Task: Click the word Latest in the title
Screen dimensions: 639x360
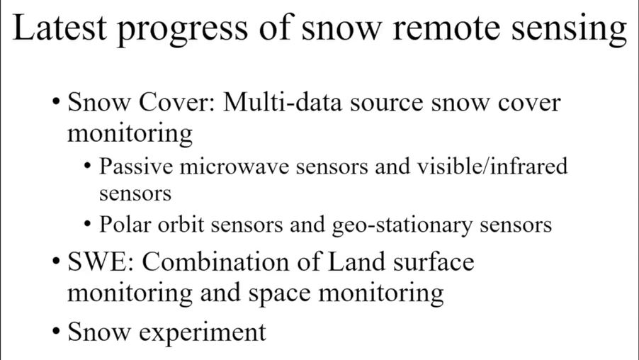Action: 60,28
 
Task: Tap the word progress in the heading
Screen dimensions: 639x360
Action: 183,30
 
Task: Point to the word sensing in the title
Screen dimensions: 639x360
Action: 570,30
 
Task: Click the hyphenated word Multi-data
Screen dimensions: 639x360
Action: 283,102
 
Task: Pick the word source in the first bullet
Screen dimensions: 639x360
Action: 386,104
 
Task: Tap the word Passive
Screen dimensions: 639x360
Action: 136,166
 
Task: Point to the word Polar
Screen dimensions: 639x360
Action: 125,224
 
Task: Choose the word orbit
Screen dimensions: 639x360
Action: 181,224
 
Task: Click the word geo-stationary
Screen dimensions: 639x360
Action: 402,225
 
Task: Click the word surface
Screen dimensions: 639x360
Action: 434,261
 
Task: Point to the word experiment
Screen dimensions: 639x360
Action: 203,333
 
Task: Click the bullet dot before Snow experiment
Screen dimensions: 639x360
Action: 56,331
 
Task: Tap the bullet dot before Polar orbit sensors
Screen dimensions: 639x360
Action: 87,224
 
